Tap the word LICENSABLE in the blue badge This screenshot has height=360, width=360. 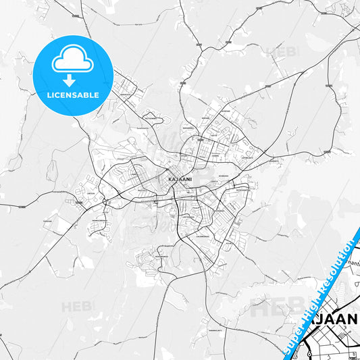(73, 95)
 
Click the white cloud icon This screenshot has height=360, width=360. (72, 61)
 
